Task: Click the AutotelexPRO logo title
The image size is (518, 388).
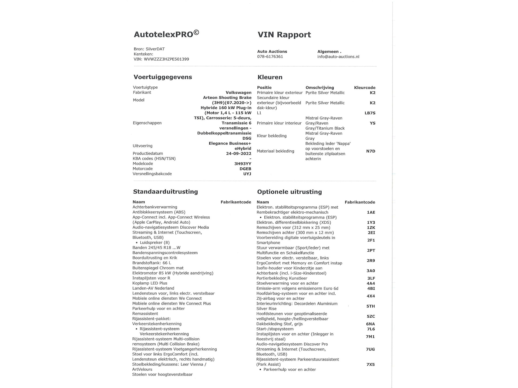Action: tap(166, 34)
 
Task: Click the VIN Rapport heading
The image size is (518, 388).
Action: tap(284, 35)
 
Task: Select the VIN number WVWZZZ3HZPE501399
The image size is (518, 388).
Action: tap(166, 59)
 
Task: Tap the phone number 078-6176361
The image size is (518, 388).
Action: tap(270, 57)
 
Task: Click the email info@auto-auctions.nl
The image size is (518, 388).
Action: tap(338, 57)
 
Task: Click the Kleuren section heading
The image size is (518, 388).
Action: tap(270, 77)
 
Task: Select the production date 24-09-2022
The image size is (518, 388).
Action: tap(238, 154)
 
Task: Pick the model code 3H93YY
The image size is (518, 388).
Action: tap(243, 164)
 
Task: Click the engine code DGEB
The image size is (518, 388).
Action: tap(245, 169)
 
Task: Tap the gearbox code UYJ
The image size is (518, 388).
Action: tap(247, 174)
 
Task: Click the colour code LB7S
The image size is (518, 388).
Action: tap(370, 113)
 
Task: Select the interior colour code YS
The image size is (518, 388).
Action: tap(372, 123)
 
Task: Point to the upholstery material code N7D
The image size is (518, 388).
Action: tap(370, 151)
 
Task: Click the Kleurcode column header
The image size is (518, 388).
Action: tap(364, 88)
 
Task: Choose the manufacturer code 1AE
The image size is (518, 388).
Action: tap(371, 212)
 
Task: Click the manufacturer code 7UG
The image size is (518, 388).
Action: tap(370, 349)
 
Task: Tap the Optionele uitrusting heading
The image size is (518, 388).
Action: tap(289, 192)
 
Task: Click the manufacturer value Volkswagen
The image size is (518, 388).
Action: tap(238, 92)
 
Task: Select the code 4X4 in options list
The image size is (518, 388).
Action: tap(370, 296)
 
